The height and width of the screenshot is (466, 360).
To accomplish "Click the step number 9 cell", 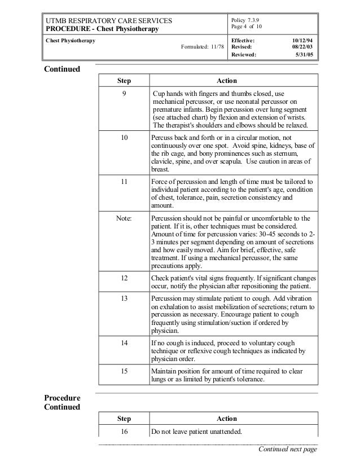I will pyautogui.click(x=124, y=94).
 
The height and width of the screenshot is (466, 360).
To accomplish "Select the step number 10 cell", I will pyautogui.click(x=124, y=137).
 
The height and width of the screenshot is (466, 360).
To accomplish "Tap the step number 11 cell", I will pyautogui.click(x=124, y=181).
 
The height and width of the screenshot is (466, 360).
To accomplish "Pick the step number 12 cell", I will pyautogui.click(x=124, y=278).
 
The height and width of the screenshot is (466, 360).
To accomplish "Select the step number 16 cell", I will pyautogui.click(x=124, y=432).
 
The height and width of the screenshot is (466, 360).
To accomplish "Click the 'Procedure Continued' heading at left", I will pyautogui.click(x=63, y=402).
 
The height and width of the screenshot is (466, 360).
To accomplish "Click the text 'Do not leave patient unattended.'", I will pyautogui.click(x=196, y=432).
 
